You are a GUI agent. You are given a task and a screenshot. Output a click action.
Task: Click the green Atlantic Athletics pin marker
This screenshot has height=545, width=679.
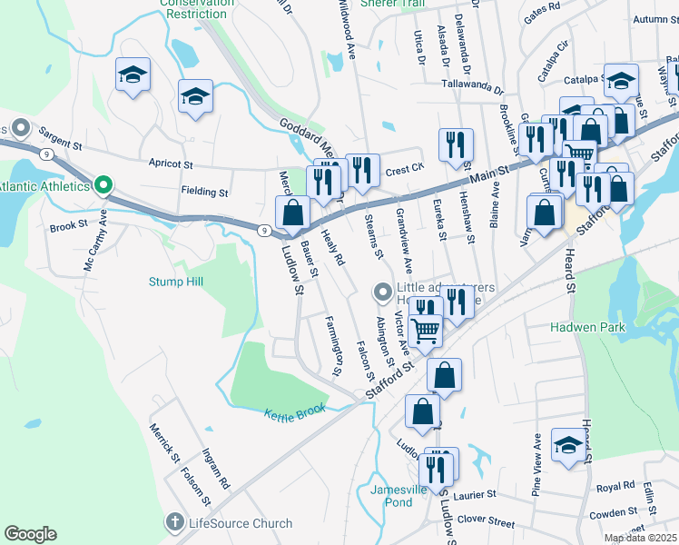pyautogui.click(x=103, y=186)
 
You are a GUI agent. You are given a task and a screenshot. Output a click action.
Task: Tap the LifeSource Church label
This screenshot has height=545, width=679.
pyautogui.click(x=240, y=523)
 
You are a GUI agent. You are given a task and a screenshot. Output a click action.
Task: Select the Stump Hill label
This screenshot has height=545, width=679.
pyautogui.click(x=177, y=282)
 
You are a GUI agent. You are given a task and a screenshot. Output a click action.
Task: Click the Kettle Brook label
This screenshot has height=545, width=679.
pyautogui.click(x=294, y=412)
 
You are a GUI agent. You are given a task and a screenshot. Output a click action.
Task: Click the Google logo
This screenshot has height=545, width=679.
pyautogui.click(x=30, y=534)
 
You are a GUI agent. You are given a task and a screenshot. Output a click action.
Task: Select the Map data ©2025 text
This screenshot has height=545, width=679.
pyautogui.click(x=640, y=538)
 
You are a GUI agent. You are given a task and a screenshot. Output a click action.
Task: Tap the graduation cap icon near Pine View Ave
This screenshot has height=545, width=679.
pyautogui.click(x=568, y=445)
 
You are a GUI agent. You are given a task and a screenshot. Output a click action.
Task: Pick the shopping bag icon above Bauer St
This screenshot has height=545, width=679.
pyautogui.click(x=292, y=213)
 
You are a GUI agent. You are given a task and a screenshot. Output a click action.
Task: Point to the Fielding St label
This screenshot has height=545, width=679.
pyautogui.click(x=204, y=193)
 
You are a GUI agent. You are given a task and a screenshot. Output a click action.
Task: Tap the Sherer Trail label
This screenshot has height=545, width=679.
pyautogui.click(x=393, y=4)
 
